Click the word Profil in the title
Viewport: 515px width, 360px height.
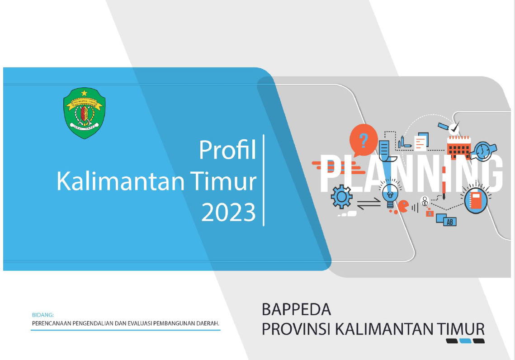click(x=227, y=150)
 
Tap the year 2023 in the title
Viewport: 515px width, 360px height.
click(x=229, y=212)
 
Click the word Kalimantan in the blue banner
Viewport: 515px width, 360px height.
click(x=121, y=181)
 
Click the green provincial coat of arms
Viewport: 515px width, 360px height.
click(x=85, y=113)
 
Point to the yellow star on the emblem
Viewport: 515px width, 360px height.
click(x=85, y=93)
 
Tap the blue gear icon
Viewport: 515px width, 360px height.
click(x=341, y=196)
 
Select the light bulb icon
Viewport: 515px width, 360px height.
click(x=390, y=194)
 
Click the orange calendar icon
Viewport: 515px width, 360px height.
click(x=459, y=147)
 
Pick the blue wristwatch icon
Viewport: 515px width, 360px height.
click(x=483, y=151)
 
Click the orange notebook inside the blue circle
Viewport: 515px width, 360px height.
click(x=476, y=200)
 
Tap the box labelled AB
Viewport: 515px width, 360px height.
click(x=449, y=222)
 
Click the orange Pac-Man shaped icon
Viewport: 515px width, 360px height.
click(x=403, y=206)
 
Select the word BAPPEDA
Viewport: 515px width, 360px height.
click(x=296, y=309)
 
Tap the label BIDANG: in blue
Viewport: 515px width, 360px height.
click(x=43, y=315)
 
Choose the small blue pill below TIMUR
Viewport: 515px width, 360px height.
click(x=465, y=341)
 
